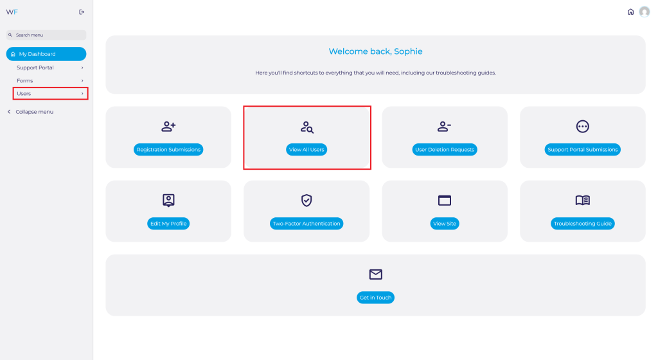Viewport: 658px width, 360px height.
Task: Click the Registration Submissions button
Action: tap(168, 149)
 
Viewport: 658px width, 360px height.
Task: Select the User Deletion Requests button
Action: tap(445, 149)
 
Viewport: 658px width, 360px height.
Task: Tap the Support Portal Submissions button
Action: tap(582, 149)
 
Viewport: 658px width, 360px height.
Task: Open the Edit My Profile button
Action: tap(168, 224)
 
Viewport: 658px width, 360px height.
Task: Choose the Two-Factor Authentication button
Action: tap(307, 224)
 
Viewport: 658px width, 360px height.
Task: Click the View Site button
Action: tap(445, 224)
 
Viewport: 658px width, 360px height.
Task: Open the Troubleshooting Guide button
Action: tap(582, 224)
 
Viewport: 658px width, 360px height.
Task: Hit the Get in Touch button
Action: tap(375, 298)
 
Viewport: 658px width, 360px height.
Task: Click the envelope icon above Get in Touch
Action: tap(375, 274)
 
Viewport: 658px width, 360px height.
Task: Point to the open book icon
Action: tap(582, 201)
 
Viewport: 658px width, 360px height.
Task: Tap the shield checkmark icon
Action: tap(307, 201)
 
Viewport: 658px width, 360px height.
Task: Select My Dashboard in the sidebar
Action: tap(46, 54)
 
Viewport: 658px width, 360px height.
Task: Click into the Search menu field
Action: tap(46, 35)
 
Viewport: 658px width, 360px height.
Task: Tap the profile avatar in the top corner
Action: tap(644, 12)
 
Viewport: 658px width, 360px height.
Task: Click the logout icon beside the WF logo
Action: tap(82, 12)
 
